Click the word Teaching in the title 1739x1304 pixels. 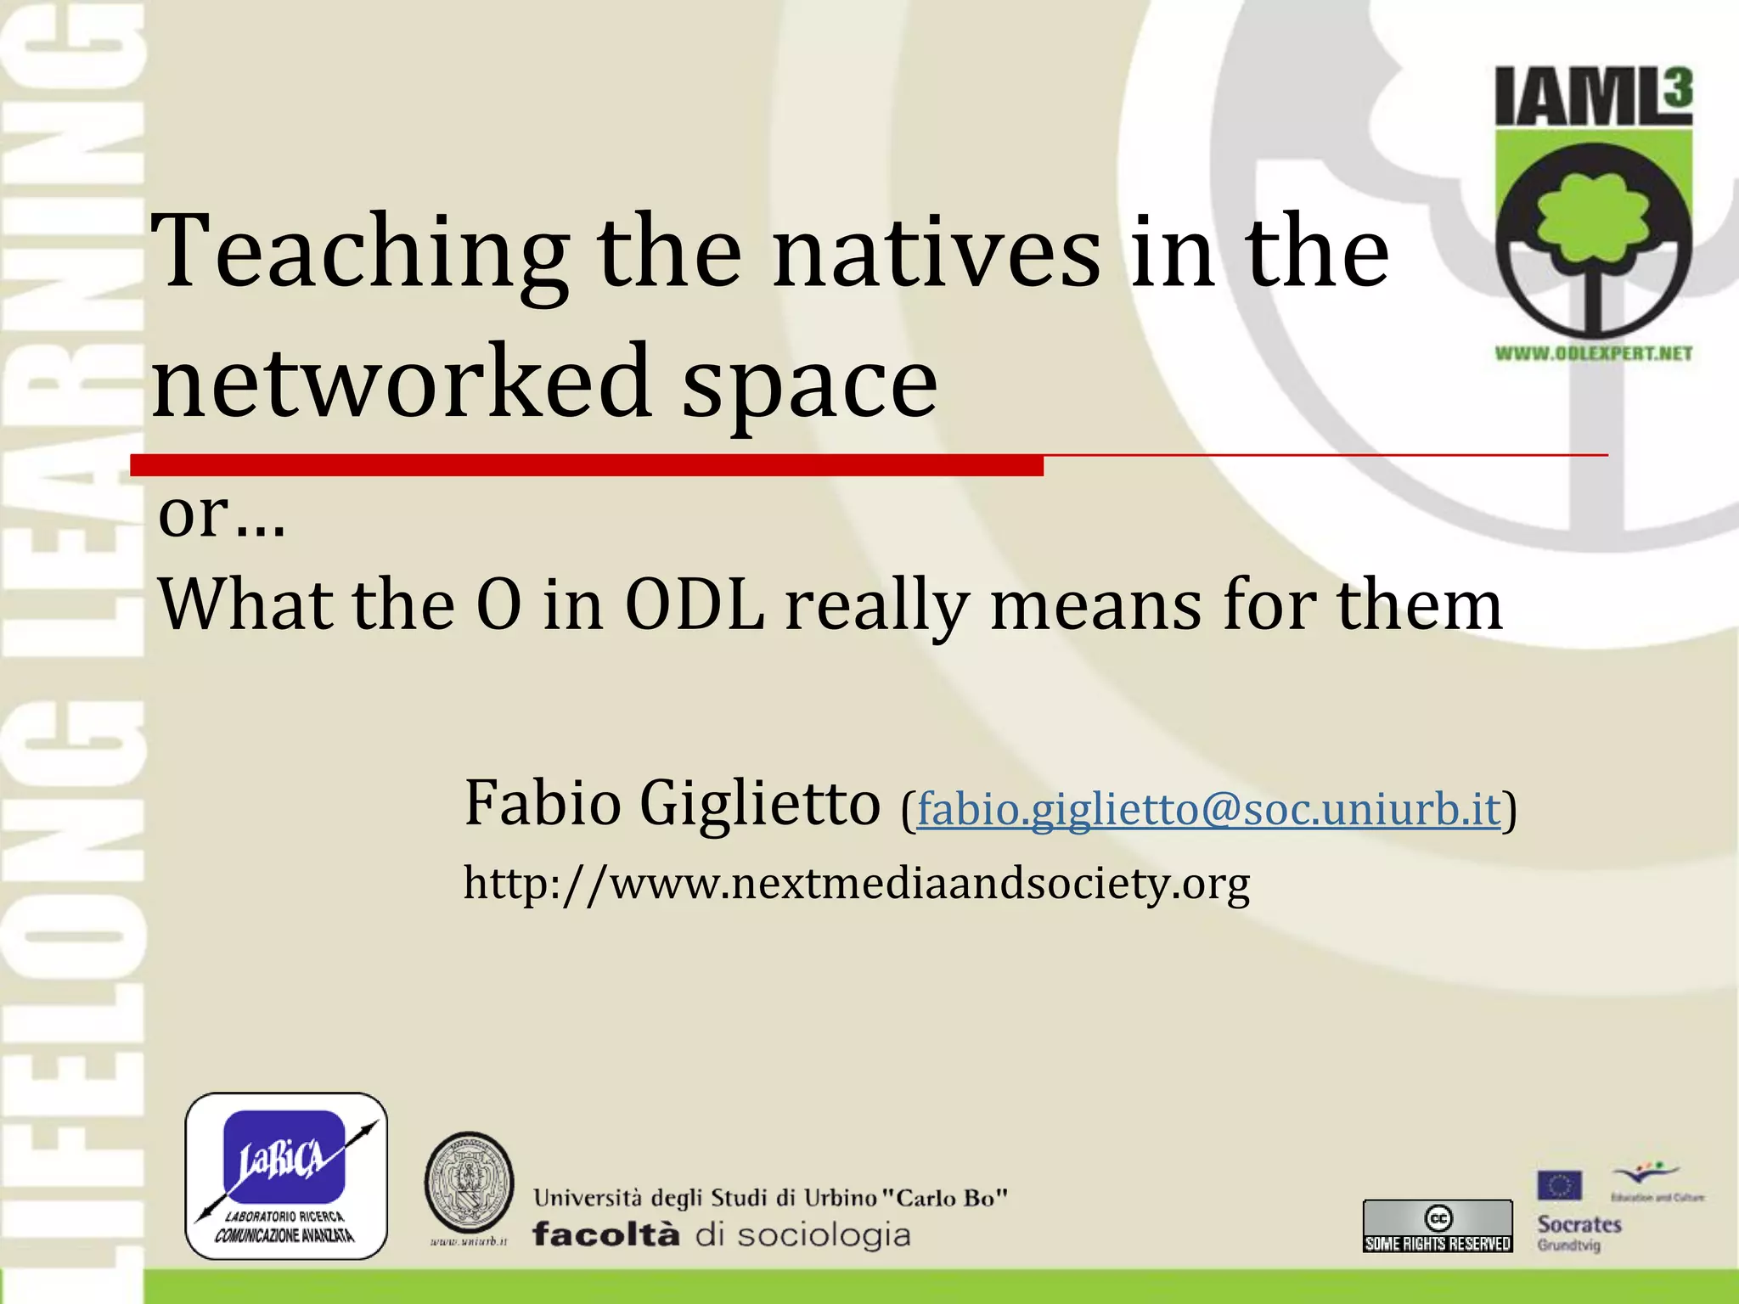coord(360,253)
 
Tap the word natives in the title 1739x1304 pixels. coord(937,253)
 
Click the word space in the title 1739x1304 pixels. coord(810,386)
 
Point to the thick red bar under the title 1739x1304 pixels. coord(586,464)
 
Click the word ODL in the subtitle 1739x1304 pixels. coord(695,604)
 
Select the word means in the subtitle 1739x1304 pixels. coord(1096,604)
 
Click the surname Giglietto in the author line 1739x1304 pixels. coord(760,803)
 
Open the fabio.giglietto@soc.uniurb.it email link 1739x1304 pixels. coord(1208,808)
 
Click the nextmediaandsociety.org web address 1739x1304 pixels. coord(856,883)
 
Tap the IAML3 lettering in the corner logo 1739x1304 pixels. coord(1593,97)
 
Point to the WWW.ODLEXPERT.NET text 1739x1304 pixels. coord(1593,353)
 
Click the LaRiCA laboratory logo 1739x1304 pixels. coord(286,1175)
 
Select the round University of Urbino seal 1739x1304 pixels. coord(469,1183)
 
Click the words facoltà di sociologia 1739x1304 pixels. coord(722,1234)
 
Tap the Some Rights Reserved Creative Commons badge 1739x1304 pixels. coord(1438,1226)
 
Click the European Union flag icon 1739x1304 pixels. coord(1559,1185)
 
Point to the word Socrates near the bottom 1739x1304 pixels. coord(1579,1224)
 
